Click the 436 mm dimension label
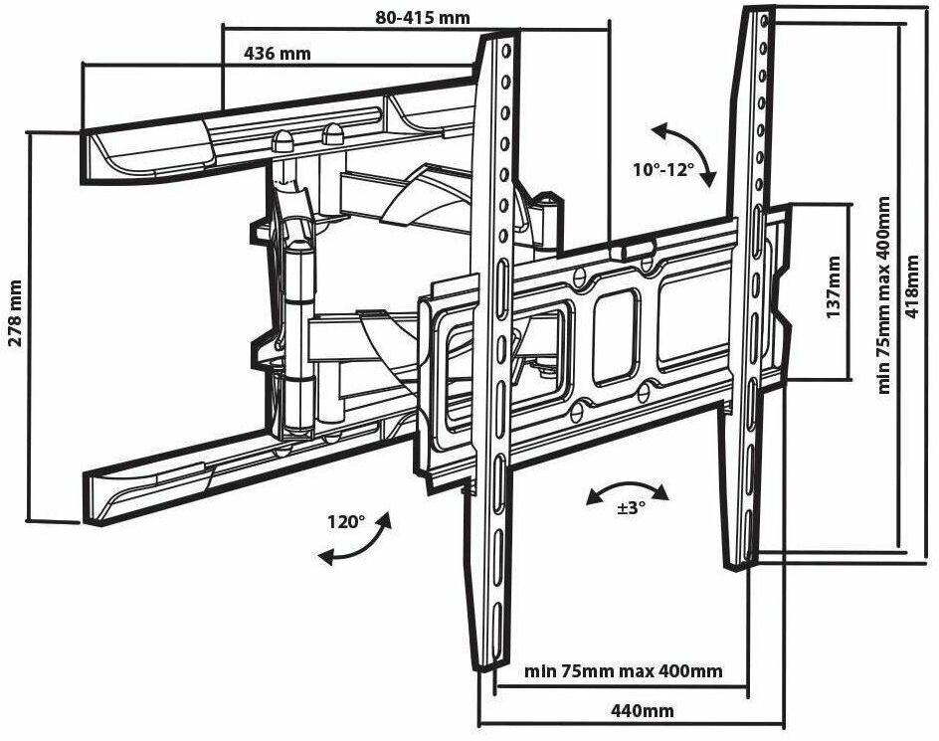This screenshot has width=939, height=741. coord(278,54)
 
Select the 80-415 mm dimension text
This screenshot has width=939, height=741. coord(423,17)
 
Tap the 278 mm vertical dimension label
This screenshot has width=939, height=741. coord(15,310)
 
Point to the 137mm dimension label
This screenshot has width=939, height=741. coord(834,287)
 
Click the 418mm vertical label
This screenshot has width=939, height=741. coord(913,283)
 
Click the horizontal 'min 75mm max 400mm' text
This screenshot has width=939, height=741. coord(624,670)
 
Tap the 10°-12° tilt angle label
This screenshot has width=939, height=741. coord(662,169)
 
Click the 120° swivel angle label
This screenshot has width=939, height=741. coord(346,521)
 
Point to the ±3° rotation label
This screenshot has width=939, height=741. coord(631,507)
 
